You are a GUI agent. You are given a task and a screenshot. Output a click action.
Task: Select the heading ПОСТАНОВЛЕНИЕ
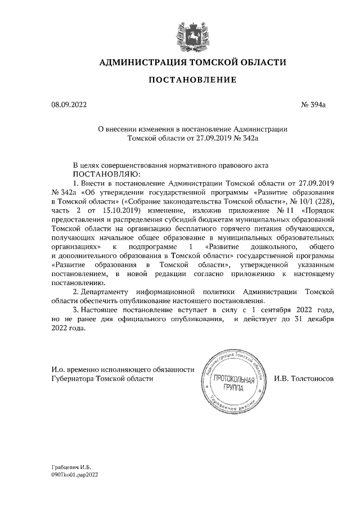coord(192,81)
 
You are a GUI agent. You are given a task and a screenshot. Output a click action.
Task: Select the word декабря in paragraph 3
coord(318,318)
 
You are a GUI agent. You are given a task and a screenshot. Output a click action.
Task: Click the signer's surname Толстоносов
coord(303,379)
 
